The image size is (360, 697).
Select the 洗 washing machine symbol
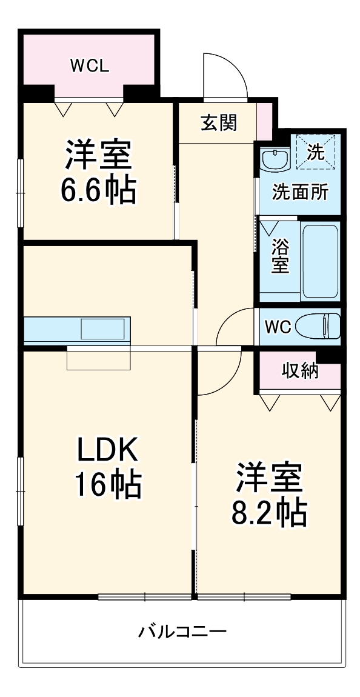[x=315, y=152]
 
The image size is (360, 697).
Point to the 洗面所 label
[x=299, y=193]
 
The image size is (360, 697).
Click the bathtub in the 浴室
[x=319, y=261]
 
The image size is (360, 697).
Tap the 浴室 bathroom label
[x=279, y=255]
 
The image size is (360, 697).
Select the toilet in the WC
[x=324, y=327]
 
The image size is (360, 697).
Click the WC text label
[x=278, y=327]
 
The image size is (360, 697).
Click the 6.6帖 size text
[x=98, y=191]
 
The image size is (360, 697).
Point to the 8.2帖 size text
[x=268, y=513]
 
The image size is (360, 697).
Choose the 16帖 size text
[x=108, y=484]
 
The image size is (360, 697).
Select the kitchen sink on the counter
[x=104, y=329]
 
